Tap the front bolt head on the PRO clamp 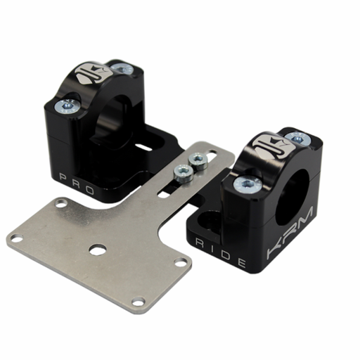coord(69,105)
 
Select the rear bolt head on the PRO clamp coord(123,69)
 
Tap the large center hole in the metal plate coord(98,249)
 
